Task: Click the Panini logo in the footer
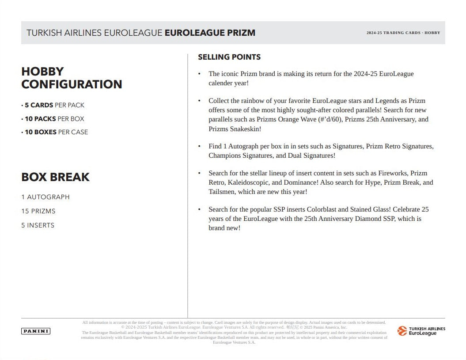point(36,331)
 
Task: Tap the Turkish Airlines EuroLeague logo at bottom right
point(421,331)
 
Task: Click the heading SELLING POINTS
point(229,57)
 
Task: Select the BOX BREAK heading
point(56,177)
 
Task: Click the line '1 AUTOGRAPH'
point(45,197)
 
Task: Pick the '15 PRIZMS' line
point(38,211)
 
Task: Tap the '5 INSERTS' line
point(38,225)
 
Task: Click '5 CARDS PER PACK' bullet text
point(54,105)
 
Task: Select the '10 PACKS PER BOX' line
point(54,119)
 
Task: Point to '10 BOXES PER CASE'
point(56,132)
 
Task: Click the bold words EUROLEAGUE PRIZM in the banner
point(210,33)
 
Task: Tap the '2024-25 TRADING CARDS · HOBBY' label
point(403,33)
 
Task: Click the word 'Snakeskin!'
point(245,129)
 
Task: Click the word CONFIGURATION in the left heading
point(72,84)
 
